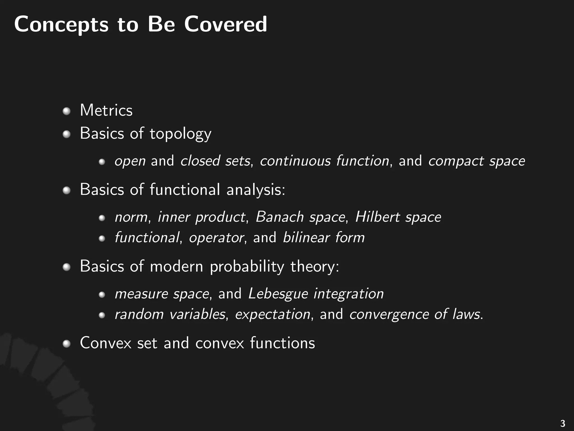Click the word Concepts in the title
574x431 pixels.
(x=61, y=25)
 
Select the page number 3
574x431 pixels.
(x=562, y=423)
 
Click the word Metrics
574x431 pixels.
(x=106, y=110)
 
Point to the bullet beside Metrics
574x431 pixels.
(x=66, y=111)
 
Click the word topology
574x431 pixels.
(x=180, y=134)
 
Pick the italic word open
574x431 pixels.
(x=130, y=161)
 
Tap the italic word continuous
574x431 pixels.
(x=295, y=161)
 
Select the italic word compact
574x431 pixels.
(x=456, y=161)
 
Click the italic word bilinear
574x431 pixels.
(x=306, y=237)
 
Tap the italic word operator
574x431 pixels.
(x=216, y=238)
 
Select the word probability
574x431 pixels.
(x=247, y=266)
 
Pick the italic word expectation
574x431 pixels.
(x=272, y=314)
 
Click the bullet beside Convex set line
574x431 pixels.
(x=66, y=343)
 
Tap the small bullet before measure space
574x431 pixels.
(x=102, y=295)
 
